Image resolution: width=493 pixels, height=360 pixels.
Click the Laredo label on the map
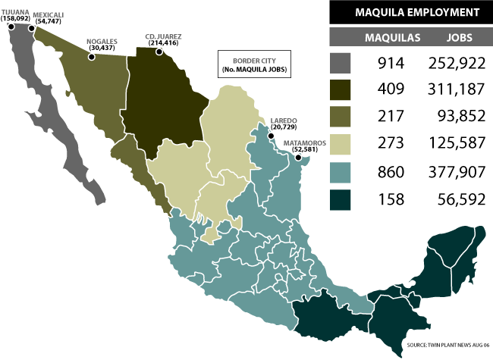pyautogui.click(x=284, y=124)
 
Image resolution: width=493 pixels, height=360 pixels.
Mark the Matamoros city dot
pyautogui.click(x=298, y=158)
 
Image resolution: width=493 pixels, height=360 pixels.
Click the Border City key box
pyautogui.click(x=255, y=64)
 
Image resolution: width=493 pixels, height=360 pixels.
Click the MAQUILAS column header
pyautogui.click(x=388, y=37)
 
